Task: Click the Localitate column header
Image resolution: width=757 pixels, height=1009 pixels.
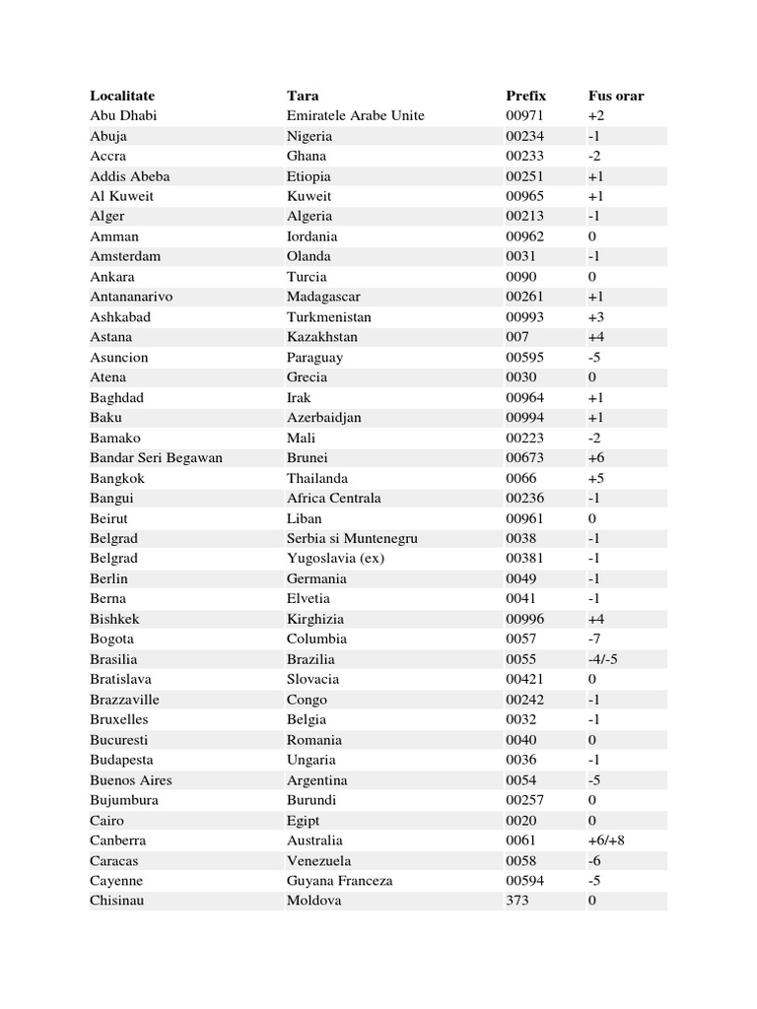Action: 122,96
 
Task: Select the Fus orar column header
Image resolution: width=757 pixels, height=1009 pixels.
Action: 616,96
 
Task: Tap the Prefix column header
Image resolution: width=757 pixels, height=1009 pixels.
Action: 525,96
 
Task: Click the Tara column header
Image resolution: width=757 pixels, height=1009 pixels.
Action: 303,96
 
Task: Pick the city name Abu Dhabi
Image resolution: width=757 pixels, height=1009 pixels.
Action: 123,115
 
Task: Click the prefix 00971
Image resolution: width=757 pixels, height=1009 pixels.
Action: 524,115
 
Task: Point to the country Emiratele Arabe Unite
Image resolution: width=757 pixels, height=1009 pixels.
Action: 355,115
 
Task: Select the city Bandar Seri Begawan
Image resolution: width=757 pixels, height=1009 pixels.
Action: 156,457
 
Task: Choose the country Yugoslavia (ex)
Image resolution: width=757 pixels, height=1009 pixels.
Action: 335,559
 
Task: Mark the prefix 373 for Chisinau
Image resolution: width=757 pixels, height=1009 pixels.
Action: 517,901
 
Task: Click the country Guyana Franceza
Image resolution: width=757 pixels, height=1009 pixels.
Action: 339,881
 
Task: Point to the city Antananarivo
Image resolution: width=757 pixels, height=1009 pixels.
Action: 131,297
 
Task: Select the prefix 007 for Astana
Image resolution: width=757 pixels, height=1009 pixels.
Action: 517,337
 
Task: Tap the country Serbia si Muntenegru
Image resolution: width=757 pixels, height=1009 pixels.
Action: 352,538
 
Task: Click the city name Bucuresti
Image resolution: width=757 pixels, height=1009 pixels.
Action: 119,740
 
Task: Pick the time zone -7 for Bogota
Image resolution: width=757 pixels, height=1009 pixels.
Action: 594,639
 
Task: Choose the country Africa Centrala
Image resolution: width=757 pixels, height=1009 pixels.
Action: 333,498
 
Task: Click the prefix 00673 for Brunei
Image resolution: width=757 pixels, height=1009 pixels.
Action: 524,457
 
